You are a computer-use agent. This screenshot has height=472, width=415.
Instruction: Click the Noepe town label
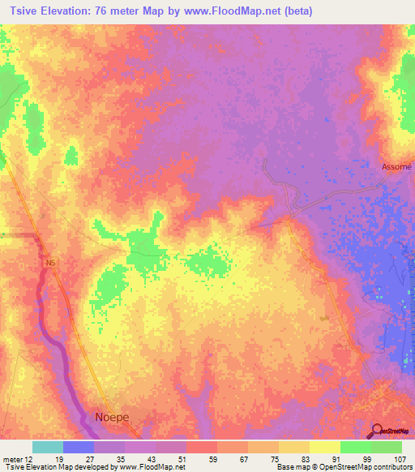click(113, 417)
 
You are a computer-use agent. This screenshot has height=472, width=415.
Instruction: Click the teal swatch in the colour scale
click(48, 447)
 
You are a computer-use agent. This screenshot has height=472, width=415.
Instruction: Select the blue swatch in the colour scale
click(79, 447)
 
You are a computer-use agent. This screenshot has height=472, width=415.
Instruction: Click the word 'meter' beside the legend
click(11, 460)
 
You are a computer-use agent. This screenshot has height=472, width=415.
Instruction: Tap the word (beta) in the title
click(294, 11)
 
